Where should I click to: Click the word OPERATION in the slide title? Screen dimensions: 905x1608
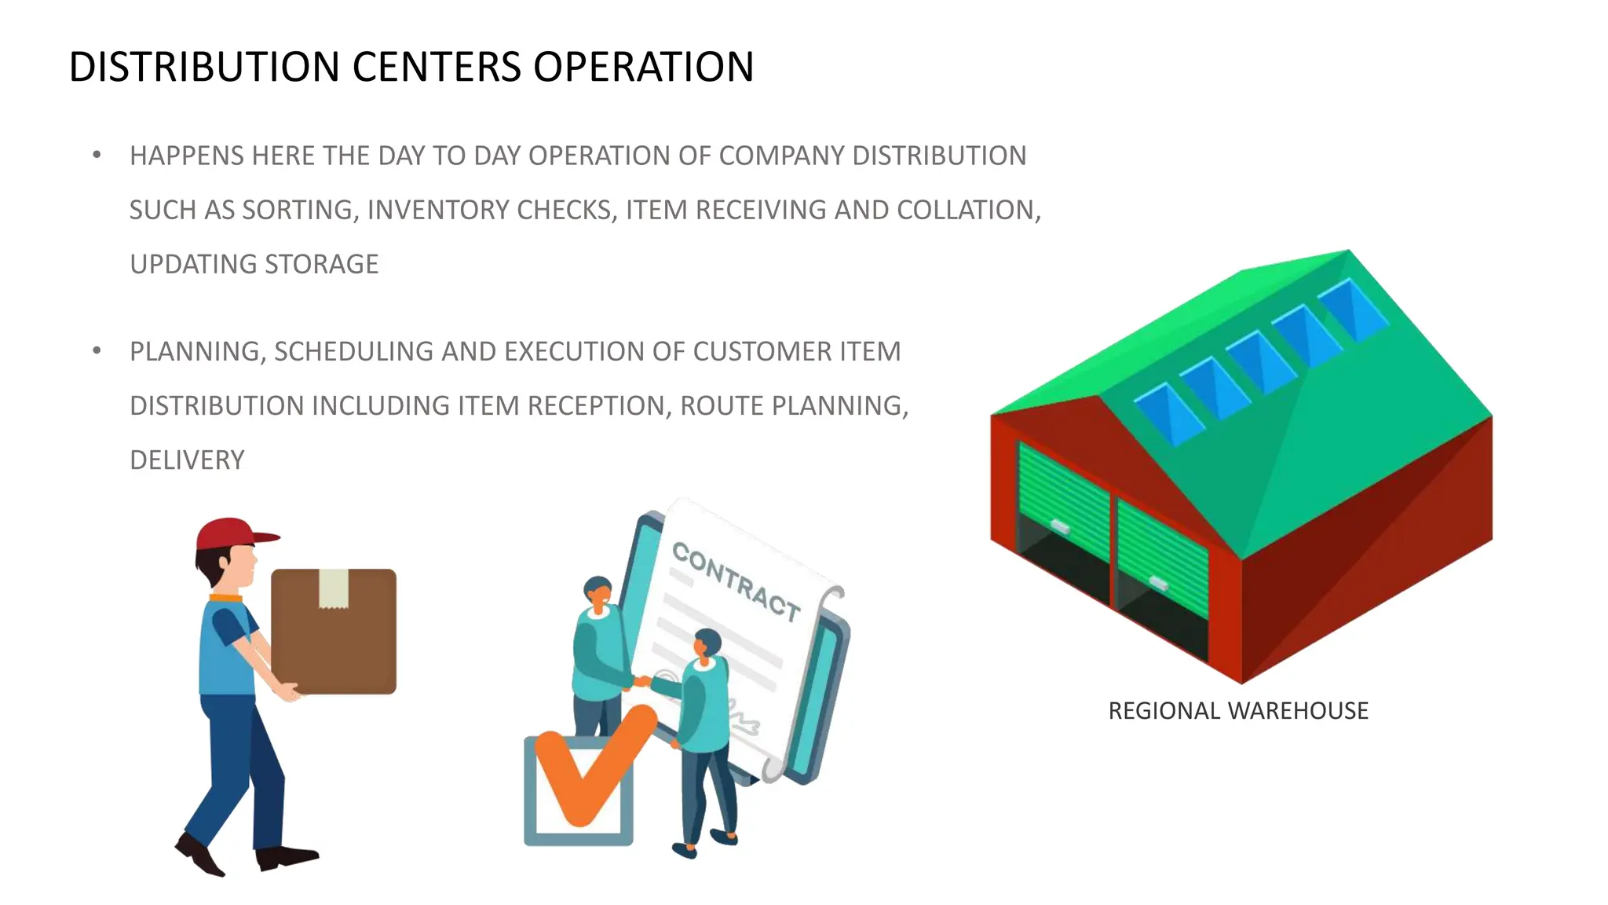coord(643,67)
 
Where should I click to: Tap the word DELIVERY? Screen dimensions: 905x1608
coord(187,460)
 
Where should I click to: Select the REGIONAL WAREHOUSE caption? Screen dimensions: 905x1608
coord(1237,710)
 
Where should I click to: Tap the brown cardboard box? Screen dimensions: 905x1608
coord(334,632)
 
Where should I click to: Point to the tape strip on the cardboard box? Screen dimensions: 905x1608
coord(334,588)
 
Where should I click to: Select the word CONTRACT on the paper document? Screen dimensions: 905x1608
coord(736,581)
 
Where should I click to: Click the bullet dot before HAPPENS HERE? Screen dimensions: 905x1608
coord(97,155)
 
